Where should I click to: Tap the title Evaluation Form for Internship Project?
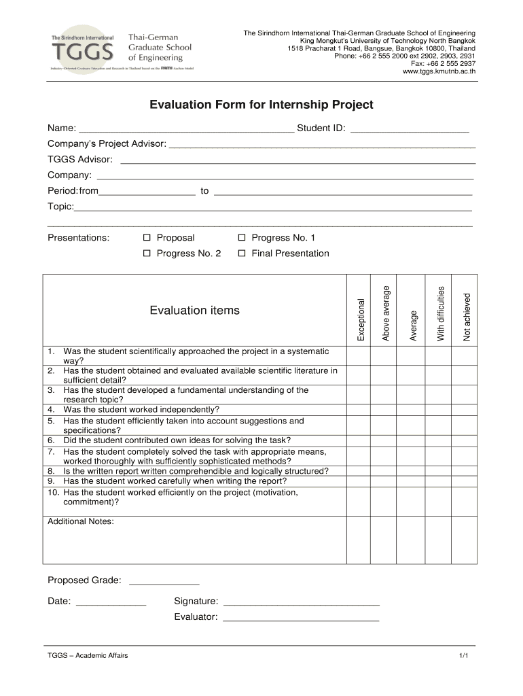pos(261,105)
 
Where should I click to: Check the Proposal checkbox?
pos(147,238)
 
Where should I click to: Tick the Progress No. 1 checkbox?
pos(241,238)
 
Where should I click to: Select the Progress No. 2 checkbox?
pos(147,254)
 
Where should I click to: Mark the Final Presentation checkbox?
pos(241,254)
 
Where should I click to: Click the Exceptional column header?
pos(361,319)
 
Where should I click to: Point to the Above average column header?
pos(386,313)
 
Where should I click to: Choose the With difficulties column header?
pos(440,313)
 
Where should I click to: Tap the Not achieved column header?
pos(467,317)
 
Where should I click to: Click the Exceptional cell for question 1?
pos(360,356)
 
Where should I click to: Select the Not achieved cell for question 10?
pos(467,497)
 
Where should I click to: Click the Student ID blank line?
pos(410,129)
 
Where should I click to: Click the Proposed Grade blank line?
pos(164,581)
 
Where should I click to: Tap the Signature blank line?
pos(301,602)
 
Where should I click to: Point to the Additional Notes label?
pos(81,521)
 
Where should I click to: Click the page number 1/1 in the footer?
pos(464,655)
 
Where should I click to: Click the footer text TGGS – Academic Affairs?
pos(88,655)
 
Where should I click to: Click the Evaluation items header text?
pos(194,311)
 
